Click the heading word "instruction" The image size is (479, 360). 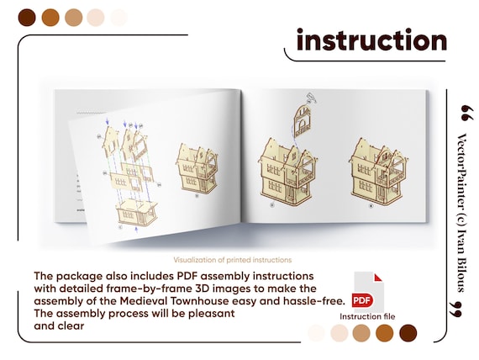[371, 40]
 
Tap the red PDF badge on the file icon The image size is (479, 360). [362, 300]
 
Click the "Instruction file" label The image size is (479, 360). [367, 316]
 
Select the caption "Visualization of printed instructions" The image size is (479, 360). [233, 260]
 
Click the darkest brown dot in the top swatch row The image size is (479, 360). [27, 18]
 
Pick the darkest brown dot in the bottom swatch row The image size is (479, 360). [408, 333]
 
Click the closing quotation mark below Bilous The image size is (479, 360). [456, 309]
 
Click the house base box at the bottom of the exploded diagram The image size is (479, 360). [136, 212]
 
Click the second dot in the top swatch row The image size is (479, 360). [50, 18]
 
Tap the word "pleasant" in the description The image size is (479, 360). [212, 314]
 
